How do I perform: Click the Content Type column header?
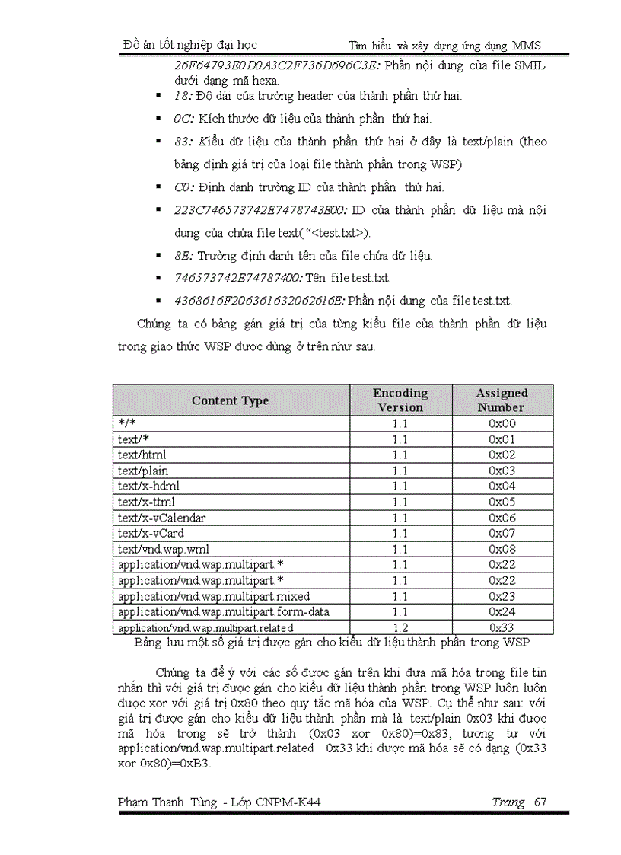tap(230, 400)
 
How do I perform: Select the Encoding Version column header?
tap(400, 400)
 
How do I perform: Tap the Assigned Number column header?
tap(502, 400)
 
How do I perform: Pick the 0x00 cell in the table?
tap(502, 423)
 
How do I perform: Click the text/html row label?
tap(142, 455)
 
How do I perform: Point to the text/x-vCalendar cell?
tap(161, 517)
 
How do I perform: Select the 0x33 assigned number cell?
tap(502, 627)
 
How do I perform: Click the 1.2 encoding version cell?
tap(400, 627)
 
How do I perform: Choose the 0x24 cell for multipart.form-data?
tap(502, 611)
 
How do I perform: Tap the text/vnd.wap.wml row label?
tap(163, 549)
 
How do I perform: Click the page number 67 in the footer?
tap(540, 802)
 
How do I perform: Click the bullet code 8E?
tap(183, 256)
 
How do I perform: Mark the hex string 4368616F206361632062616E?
tap(259, 301)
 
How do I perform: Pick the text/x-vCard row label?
tap(151, 533)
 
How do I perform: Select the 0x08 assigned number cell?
tap(502, 549)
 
